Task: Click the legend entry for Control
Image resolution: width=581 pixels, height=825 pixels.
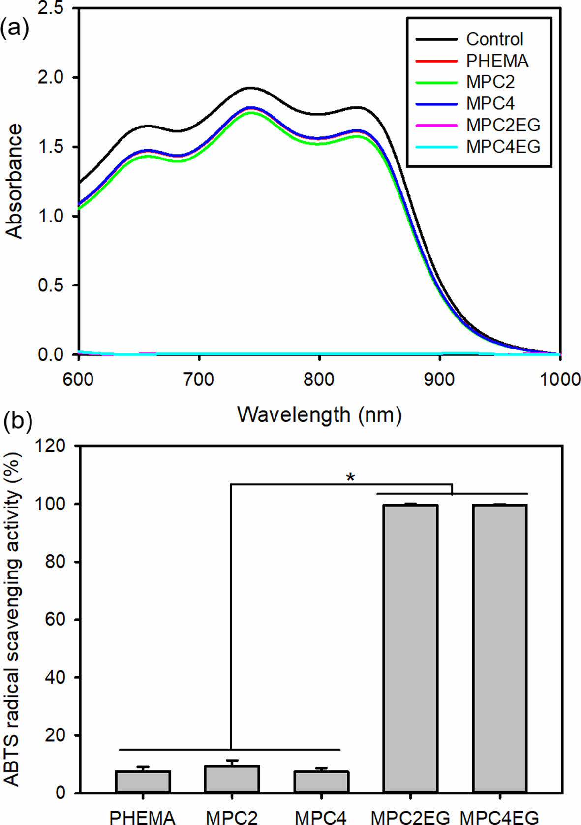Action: [494, 39]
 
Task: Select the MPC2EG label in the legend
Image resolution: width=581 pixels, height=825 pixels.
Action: [503, 125]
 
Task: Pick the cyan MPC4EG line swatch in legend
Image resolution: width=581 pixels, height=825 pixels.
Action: [436, 147]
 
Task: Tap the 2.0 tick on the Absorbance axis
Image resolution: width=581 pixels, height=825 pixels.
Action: [55, 78]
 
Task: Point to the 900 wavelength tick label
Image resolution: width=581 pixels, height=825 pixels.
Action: [440, 380]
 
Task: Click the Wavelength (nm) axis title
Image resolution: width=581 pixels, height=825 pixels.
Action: [319, 414]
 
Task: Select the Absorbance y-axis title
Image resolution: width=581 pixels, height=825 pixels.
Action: [15, 181]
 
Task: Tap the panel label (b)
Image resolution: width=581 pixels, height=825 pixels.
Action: [18, 421]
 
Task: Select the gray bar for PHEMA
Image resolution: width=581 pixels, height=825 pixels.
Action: [143, 782]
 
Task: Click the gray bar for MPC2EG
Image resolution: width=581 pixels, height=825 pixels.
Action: [410, 648]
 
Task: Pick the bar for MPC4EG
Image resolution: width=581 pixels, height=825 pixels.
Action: [500, 648]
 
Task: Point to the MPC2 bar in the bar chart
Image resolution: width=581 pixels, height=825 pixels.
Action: [232, 779]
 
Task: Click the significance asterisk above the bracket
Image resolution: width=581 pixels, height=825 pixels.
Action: [350, 477]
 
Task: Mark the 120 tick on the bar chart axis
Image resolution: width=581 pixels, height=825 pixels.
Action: [50, 446]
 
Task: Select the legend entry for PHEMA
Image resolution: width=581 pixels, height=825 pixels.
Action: [497, 61]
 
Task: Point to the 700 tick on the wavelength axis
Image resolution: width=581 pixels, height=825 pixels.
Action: [199, 380]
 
